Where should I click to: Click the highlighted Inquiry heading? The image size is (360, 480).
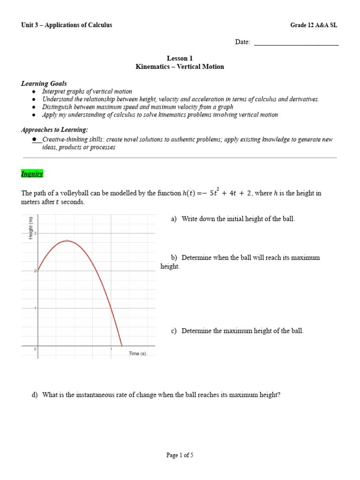pos(32,174)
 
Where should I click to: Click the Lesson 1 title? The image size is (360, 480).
pos(180,59)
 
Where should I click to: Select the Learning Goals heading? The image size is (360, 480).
pos(44,83)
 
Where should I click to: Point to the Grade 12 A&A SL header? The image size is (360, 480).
pos(314,25)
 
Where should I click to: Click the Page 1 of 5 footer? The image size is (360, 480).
pos(180,455)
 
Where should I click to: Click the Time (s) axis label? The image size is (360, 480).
pos(137,353)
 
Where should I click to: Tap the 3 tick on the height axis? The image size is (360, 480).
pos(35,233)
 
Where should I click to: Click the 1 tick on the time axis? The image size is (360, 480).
pos(111,349)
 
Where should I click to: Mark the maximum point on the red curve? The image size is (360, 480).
pos(67,240)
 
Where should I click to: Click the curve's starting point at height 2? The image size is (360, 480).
pos(37,270)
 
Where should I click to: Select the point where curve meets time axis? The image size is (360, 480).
pos(122,345)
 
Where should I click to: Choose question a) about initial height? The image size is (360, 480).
pos(233,219)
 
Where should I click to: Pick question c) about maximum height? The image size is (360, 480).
pos(237,330)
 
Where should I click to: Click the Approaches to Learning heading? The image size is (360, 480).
pos(54,129)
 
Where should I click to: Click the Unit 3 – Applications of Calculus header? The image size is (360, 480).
pos(67,25)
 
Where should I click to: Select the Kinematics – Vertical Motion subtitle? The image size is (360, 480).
pos(180,67)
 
